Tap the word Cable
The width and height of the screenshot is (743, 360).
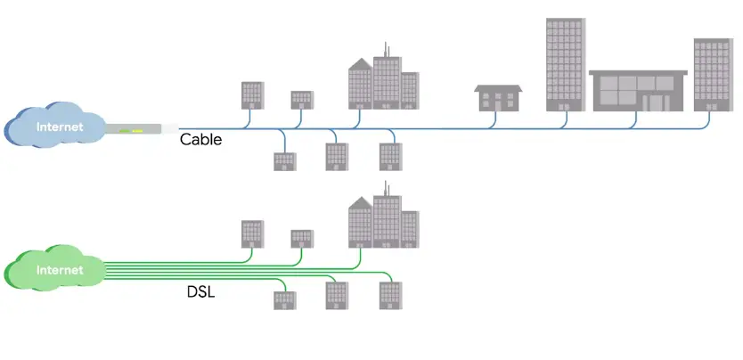pos(200,139)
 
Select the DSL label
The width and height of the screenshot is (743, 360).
pos(202,290)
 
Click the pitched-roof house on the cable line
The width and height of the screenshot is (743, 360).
pos(498,97)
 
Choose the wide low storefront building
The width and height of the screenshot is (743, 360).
pos(638,91)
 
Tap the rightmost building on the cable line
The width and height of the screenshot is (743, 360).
pos(712,75)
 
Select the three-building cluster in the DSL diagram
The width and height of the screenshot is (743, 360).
pos(383,223)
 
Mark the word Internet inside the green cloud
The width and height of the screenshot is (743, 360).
pos(59,269)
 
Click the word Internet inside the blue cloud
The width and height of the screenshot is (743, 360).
pos(59,127)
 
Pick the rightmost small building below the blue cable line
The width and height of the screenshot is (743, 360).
pos(390,156)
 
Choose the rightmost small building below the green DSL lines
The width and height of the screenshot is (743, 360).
pos(390,295)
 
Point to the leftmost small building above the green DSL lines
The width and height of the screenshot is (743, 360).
pos(253,233)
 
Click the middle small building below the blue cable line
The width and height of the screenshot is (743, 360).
pos(337,157)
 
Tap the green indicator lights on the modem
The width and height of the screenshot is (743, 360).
pos(135,131)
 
